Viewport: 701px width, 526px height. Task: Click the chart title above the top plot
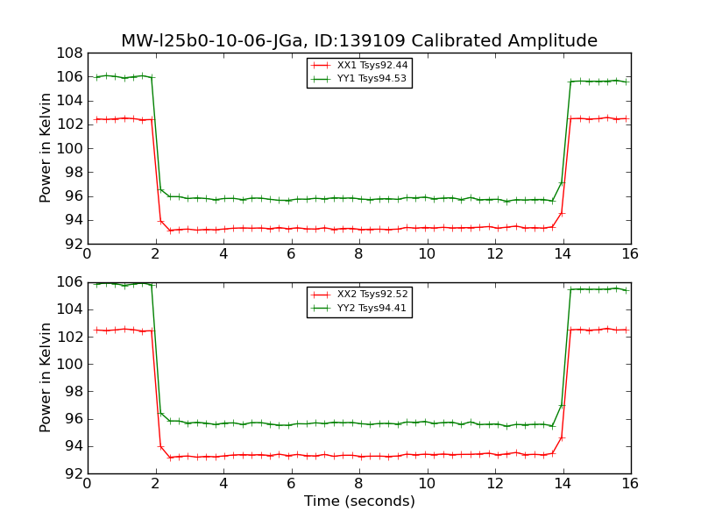[359, 41]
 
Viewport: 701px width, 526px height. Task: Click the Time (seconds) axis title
[359, 501]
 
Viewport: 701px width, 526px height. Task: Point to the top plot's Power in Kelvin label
[46, 148]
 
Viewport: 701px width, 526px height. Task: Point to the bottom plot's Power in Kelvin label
[46, 377]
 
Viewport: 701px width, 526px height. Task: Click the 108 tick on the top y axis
[70, 53]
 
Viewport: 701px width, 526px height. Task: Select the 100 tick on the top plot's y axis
[70, 148]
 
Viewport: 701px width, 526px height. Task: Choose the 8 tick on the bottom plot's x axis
[359, 483]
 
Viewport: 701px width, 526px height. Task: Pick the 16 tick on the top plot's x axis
[630, 253]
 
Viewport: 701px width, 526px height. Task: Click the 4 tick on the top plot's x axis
[223, 253]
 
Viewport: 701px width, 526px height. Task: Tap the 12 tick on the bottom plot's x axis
[494, 483]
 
